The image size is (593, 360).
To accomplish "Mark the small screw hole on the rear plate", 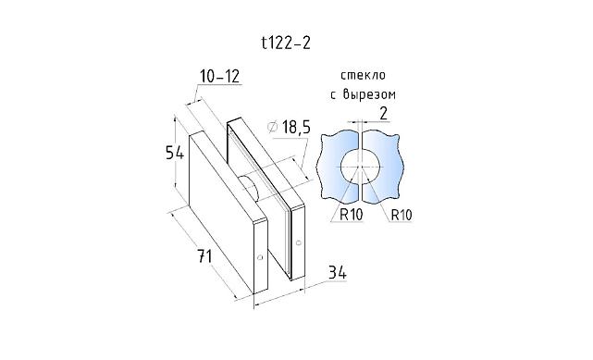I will click(x=299, y=243).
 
